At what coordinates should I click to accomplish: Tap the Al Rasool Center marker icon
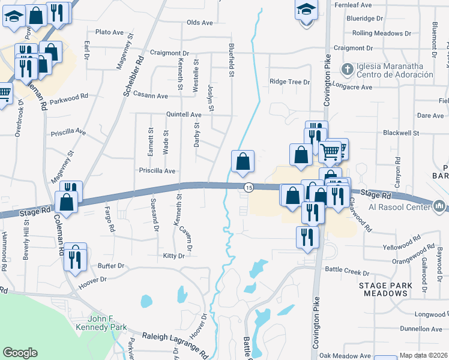click(x=439, y=207)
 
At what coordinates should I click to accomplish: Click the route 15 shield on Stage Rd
click(x=248, y=188)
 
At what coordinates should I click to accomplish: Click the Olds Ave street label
click(x=200, y=23)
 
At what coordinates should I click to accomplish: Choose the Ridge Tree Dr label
click(x=289, y=82)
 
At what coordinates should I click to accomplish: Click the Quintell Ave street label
click(x=184, y=114)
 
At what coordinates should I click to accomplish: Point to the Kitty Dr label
click(x=173, y=256)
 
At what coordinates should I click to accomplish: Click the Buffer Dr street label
click(x=110, y=265)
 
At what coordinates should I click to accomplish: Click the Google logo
click(x=20, y=353)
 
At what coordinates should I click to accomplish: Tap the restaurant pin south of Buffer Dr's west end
click(x=75, y=256)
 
